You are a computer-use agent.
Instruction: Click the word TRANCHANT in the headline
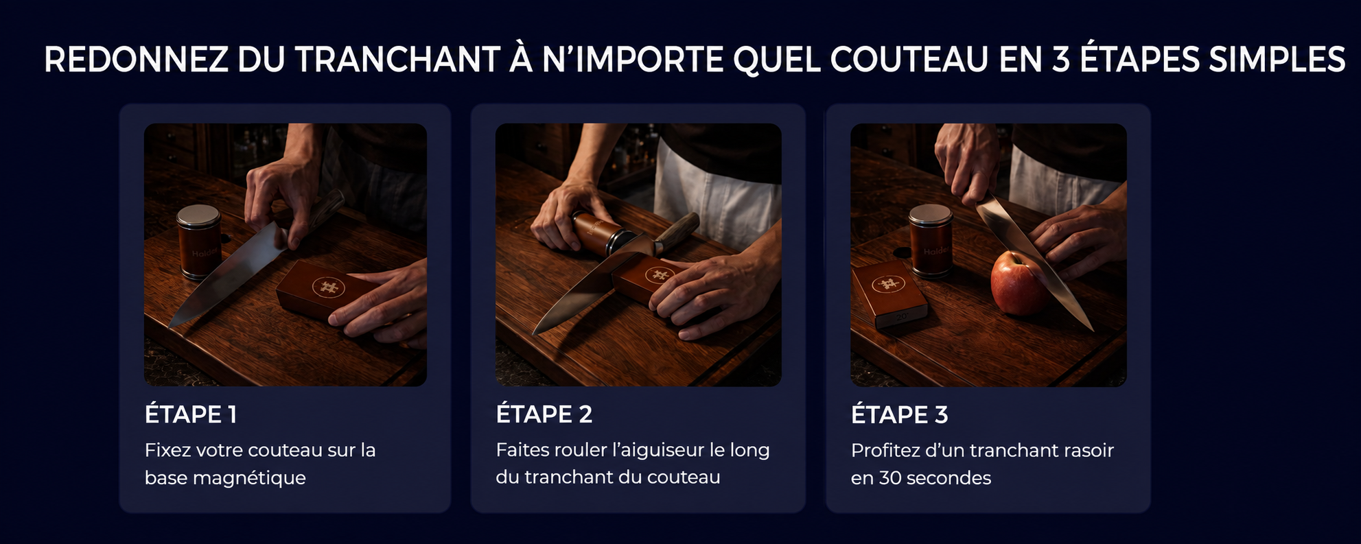[x=397, y=60]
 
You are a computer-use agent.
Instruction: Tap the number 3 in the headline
[x=1060, y=60]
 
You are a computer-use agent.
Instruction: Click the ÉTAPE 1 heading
[x=190, y=414]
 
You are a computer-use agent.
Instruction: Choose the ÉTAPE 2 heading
[x=544, y=414]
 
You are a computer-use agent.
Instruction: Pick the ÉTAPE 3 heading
[x=899, y=414]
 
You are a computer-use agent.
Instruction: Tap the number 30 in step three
[x=889, y=478]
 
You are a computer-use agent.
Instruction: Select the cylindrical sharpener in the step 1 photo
[x=198, y=241]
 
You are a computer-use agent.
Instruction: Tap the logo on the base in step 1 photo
[x=327, y=287]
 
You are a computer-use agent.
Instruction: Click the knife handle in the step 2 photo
[x=676, y=231]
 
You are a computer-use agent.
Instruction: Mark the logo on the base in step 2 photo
[x=660, y=276]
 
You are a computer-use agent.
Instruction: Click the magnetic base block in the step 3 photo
[x=889, y=294]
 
